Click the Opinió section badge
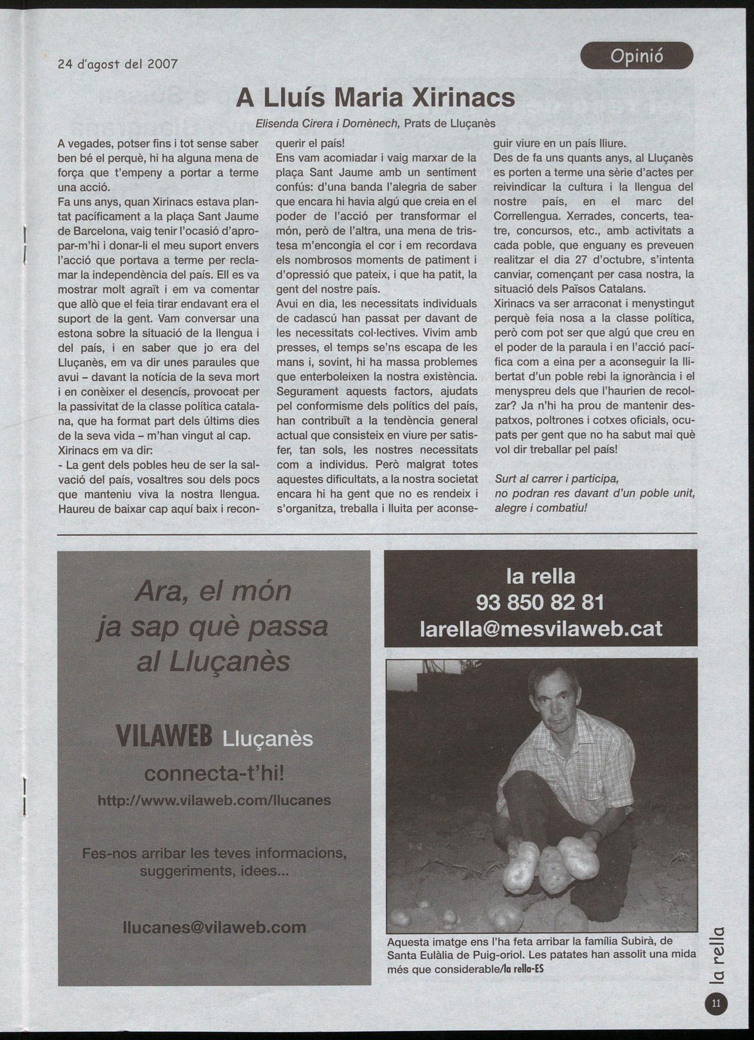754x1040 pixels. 636,56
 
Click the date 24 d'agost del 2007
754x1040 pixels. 117,63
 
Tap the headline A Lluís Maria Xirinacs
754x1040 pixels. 376,98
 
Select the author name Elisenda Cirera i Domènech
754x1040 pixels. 327,124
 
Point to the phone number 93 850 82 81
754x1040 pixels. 540,602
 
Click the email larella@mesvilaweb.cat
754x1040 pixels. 541,628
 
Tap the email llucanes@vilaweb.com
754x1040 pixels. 214,927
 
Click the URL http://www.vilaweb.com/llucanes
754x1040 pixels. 214,800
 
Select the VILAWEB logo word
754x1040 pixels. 164,737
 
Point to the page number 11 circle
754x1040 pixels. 715,1003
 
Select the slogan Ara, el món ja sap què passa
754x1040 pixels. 213,608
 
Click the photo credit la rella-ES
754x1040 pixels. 523,969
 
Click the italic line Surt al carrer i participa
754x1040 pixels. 557,478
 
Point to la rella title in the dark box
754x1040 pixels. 540,576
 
